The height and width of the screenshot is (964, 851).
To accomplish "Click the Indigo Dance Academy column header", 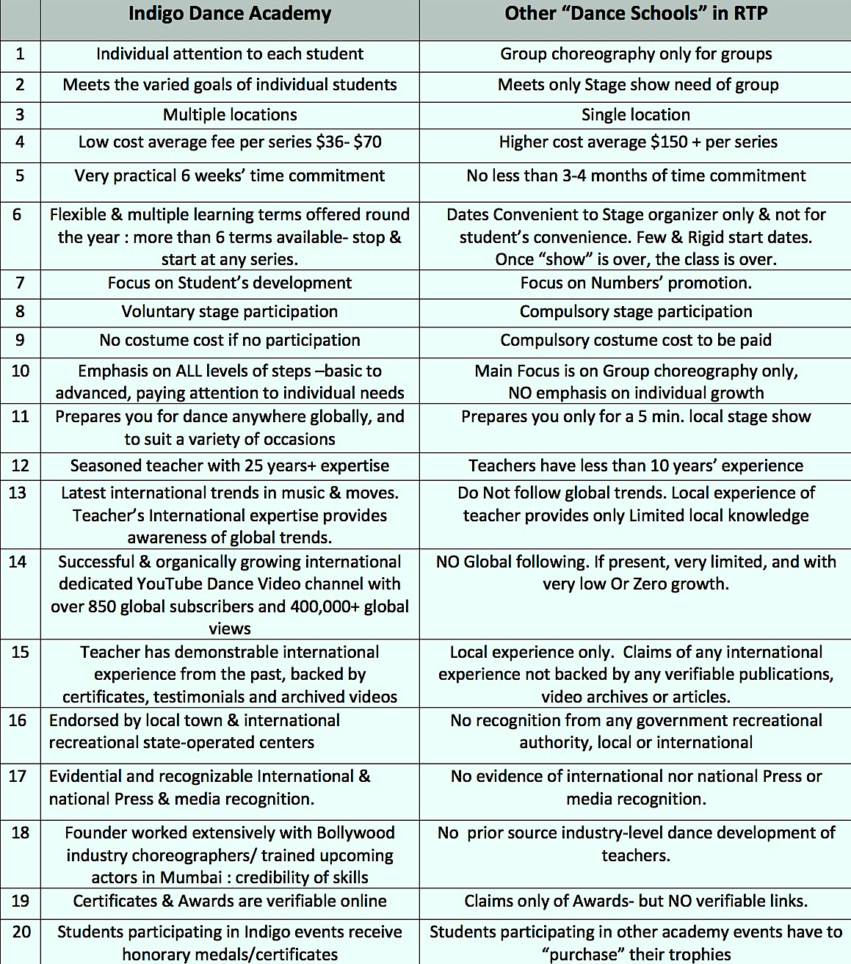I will click(x=230, y=14).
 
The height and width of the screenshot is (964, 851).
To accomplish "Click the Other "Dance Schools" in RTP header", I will click(x=636, y=14).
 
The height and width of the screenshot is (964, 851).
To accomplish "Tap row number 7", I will click(x=20, y=283).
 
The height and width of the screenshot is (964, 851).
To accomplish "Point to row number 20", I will click(x=21, y=932).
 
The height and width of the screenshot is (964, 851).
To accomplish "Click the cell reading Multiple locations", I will click(x=230, y=115).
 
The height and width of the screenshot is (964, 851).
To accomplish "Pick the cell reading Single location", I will click(x=636, y=115).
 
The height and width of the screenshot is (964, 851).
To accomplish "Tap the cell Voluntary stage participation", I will click(x=230, y=312).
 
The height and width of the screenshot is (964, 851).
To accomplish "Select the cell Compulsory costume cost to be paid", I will click(x=636, y=341).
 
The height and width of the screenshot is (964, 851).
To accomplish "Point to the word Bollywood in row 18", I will click(x=355, y=833).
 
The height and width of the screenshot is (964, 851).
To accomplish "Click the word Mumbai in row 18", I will click(x=192, y=878).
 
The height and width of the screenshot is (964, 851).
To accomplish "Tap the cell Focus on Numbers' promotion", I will click(x=636, y=283).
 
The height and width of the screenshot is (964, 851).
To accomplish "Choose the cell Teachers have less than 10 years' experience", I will click(x=636, y=466).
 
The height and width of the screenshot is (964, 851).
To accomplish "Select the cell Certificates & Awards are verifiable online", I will click(x=230, y=902).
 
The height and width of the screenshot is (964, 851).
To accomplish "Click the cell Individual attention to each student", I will click(x=230, y=54).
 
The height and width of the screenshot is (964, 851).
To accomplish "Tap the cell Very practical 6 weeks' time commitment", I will click(x=230, y=176).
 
